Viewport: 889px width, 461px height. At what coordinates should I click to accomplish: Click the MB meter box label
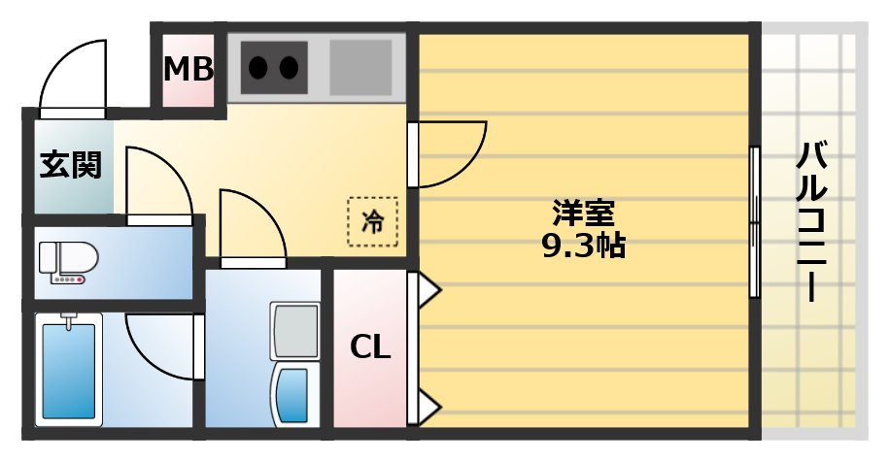pos(188,70)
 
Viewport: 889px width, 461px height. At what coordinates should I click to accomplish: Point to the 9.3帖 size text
pos(583,245)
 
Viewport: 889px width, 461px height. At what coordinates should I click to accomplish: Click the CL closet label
pos(370,346)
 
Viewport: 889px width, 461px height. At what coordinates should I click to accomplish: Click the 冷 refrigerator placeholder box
pos(372,222)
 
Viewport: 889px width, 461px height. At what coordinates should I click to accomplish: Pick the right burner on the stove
pos(289,67)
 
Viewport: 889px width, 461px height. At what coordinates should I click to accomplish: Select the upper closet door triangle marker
pos(428,288)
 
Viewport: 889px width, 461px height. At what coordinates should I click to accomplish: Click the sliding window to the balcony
pos(754,222)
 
